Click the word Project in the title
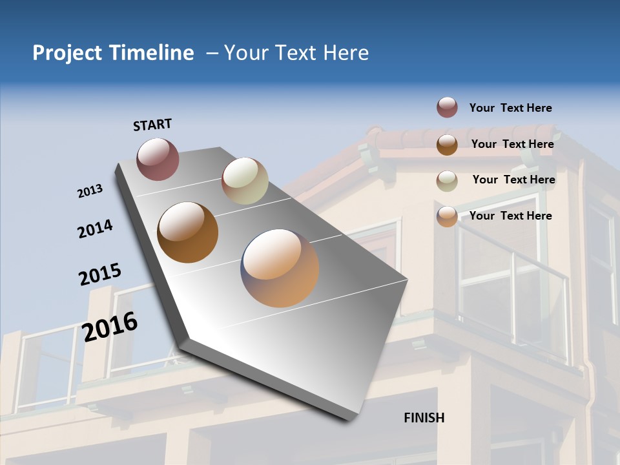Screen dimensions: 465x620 [x=67, y=53]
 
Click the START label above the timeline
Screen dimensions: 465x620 [x=152, y=125]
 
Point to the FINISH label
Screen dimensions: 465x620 [x=424, y=418]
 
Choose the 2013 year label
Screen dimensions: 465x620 [x=90, y=191]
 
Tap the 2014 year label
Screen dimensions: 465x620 [x=95, y=229]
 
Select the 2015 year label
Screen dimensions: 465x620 [x=100, y=274]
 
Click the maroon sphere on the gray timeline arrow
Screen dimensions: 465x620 [x=158, y=159]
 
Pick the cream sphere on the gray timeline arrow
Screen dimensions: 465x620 [x=245, y=181]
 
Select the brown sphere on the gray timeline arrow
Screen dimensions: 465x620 [x=188, y=232]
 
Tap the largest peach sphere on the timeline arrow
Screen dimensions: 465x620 [x=280, y=268]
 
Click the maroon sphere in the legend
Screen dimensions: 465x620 [x=447, y=107]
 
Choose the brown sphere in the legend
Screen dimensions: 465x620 [x=447, y=145]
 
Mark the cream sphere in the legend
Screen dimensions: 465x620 [x=447, y=181]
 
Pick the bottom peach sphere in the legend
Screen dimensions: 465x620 [x=447, y=216]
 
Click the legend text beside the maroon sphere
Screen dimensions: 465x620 [x=510, y=108]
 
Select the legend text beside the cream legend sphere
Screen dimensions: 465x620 [x=513, y=180]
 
